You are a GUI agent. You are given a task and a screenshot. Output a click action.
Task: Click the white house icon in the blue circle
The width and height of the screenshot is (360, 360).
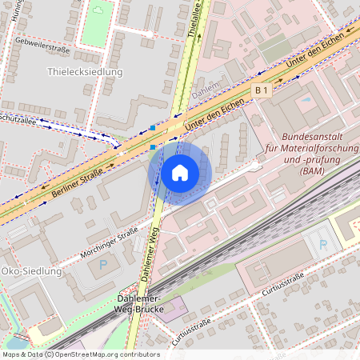pyautogui.click(x=180, y=172)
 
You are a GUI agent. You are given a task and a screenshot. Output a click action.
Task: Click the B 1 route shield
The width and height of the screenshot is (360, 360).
pyautogui.click(x=262, y=91)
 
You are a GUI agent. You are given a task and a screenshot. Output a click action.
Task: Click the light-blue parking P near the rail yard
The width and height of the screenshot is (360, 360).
pyautogui.click(x=322, y=244)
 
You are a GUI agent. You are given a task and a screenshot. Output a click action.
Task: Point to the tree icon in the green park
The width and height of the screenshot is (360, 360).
pyautogui.click(x=98, y=10)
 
